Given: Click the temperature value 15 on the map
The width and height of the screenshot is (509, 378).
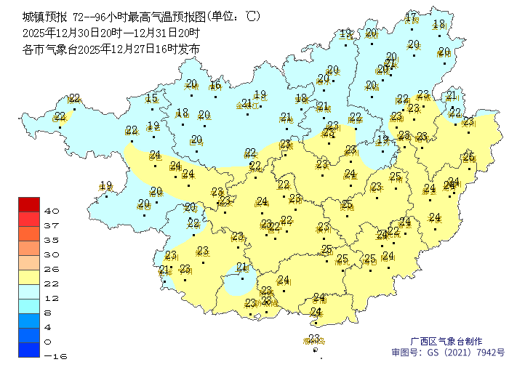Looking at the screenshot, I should (x=151, y=99).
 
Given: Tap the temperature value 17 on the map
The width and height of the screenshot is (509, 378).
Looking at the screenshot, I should (x=411, y=17).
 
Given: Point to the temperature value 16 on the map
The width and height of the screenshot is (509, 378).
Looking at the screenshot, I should (x=215, y=85).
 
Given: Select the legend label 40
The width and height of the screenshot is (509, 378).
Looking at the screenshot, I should (x=52, y=211).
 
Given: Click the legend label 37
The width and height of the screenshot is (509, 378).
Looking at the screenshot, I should (x=52, y=225).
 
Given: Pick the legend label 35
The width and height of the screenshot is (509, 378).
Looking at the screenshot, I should (x=52, y=240).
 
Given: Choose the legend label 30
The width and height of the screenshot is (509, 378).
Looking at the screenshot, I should (x=52, y=254).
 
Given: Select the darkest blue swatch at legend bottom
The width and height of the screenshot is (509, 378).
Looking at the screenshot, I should (x=29, y=350).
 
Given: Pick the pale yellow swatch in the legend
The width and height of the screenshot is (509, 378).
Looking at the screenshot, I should (x=29, y=277).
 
